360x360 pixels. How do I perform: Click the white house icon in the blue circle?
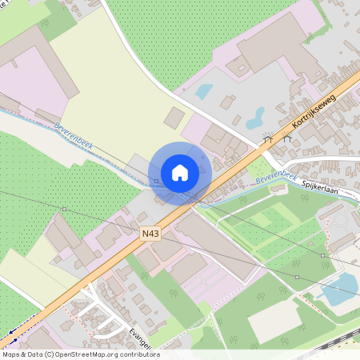click(180, 172)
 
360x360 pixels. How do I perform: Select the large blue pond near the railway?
click(338, 290)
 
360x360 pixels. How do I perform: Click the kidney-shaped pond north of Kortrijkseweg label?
click(255, 119)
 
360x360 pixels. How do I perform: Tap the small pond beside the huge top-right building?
click(204, 91)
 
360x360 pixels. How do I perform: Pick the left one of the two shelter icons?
click(268, 138)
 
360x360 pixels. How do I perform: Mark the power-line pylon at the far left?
click(64, 209)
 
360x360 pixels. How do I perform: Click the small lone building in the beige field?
click(174, 118)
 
